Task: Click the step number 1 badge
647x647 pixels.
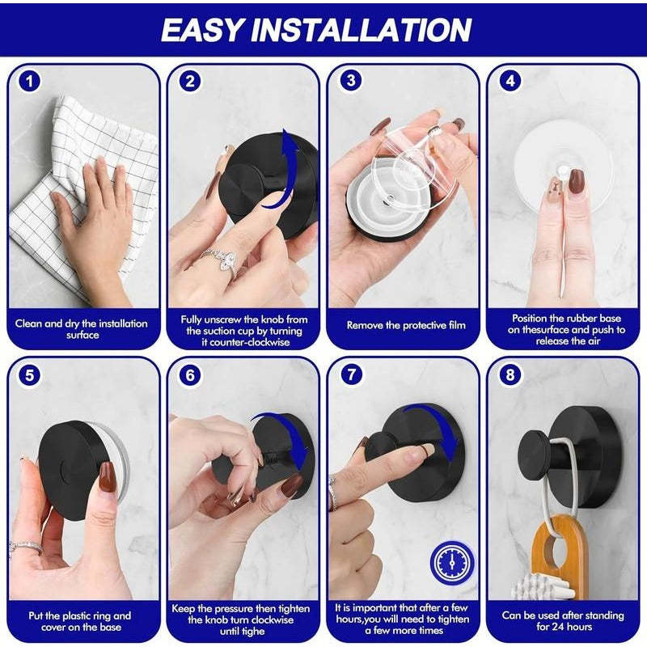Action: pyautogui.click(x=30, y=81)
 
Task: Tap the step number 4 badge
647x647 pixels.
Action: pyautogui.click(x=510, y=81)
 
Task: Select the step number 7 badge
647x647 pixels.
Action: pyautogui.click(x=349, y=376)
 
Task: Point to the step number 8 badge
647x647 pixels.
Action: pyautogui.click(x=510, y=376)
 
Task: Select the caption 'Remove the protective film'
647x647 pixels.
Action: pyautogui.click(x=406, y=326)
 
